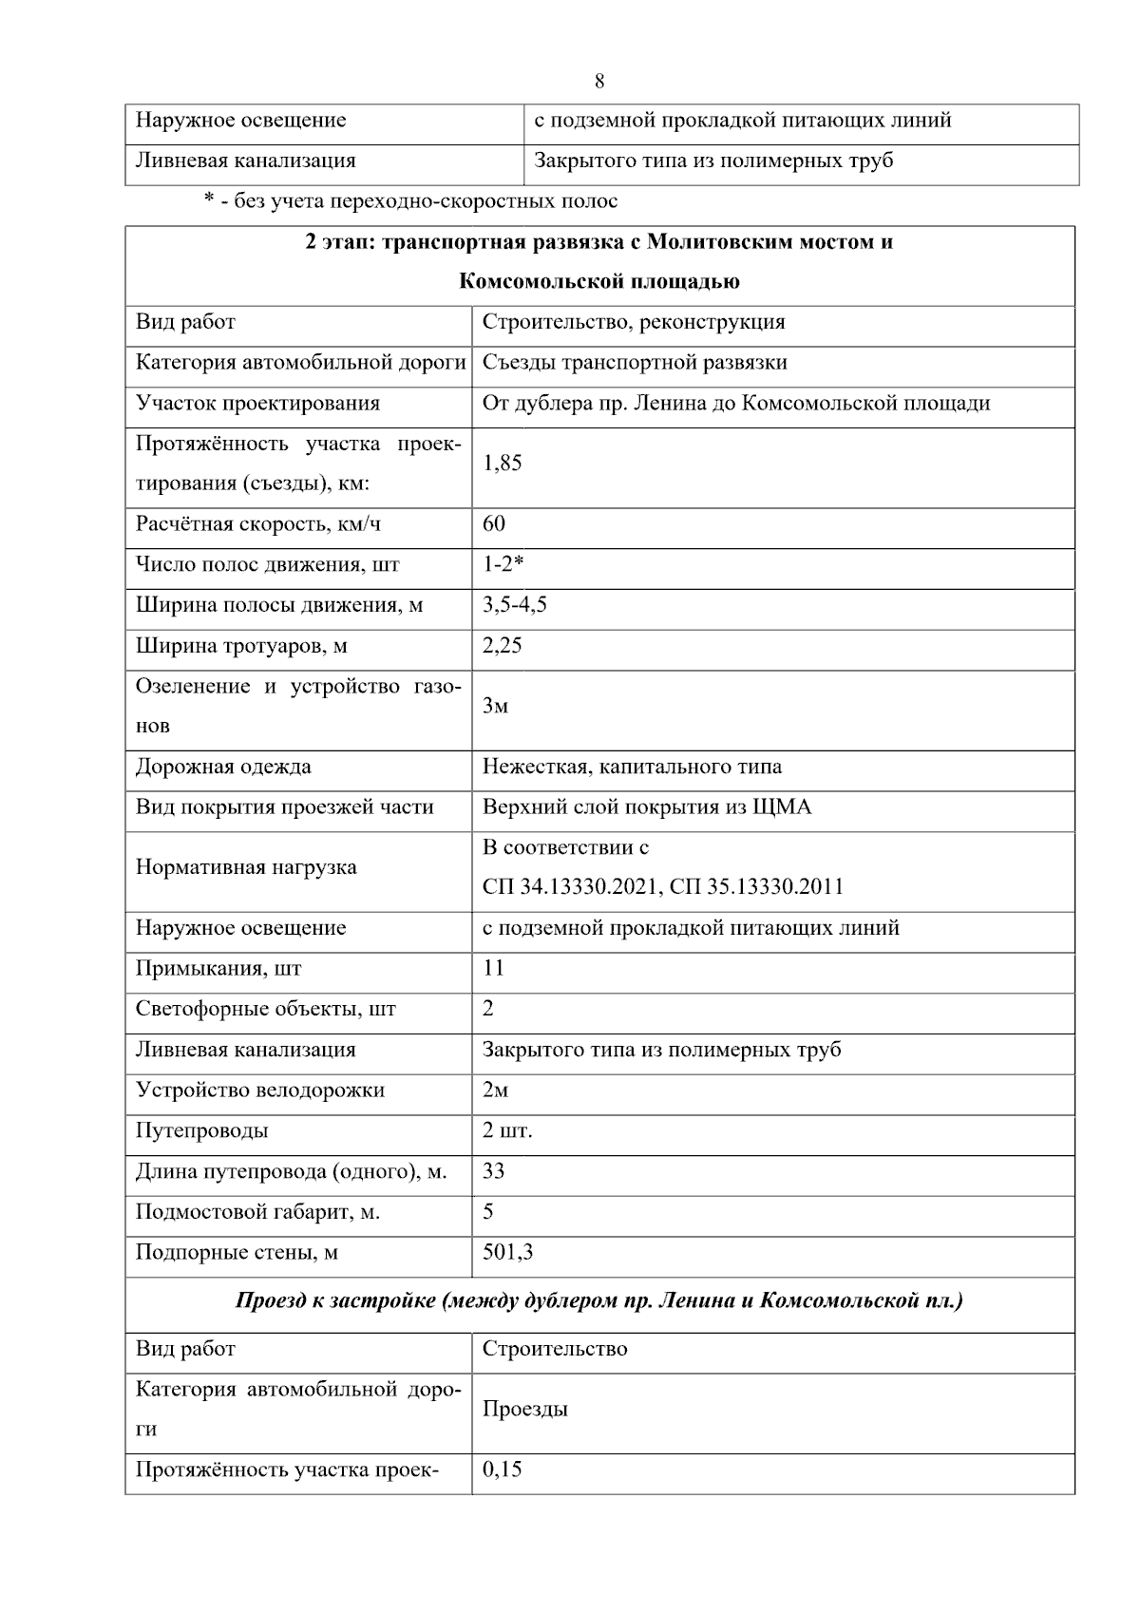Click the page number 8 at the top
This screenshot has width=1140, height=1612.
(599, 81)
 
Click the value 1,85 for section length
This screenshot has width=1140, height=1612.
(503, 464)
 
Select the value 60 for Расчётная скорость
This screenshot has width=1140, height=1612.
(494, 524)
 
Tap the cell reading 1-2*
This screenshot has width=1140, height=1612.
(503, 564)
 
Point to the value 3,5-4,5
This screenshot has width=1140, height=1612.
(514, 605)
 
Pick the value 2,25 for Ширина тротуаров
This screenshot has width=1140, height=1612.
(503, 646)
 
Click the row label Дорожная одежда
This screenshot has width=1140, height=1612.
(223, 767)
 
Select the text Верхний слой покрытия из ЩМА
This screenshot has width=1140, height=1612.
(647, 807)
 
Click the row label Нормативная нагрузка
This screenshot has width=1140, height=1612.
(246, 867)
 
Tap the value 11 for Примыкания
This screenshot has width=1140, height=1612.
(493, 968)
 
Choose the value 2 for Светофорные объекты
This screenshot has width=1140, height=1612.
(488, 1009)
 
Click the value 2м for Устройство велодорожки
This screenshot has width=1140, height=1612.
(495, 1090)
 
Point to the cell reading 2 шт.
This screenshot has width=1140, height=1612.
(507, 1131)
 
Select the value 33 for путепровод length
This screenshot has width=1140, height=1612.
(493, 1171)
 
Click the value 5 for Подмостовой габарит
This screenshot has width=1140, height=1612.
(488, 1212)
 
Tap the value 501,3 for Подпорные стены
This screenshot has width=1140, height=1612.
(507, 1253)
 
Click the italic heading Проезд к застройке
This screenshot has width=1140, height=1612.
(599, 1301)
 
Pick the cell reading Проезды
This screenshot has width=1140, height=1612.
(525, 1410)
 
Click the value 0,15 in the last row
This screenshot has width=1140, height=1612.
(503, 1470)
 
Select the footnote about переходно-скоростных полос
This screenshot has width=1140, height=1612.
(410, 201)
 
